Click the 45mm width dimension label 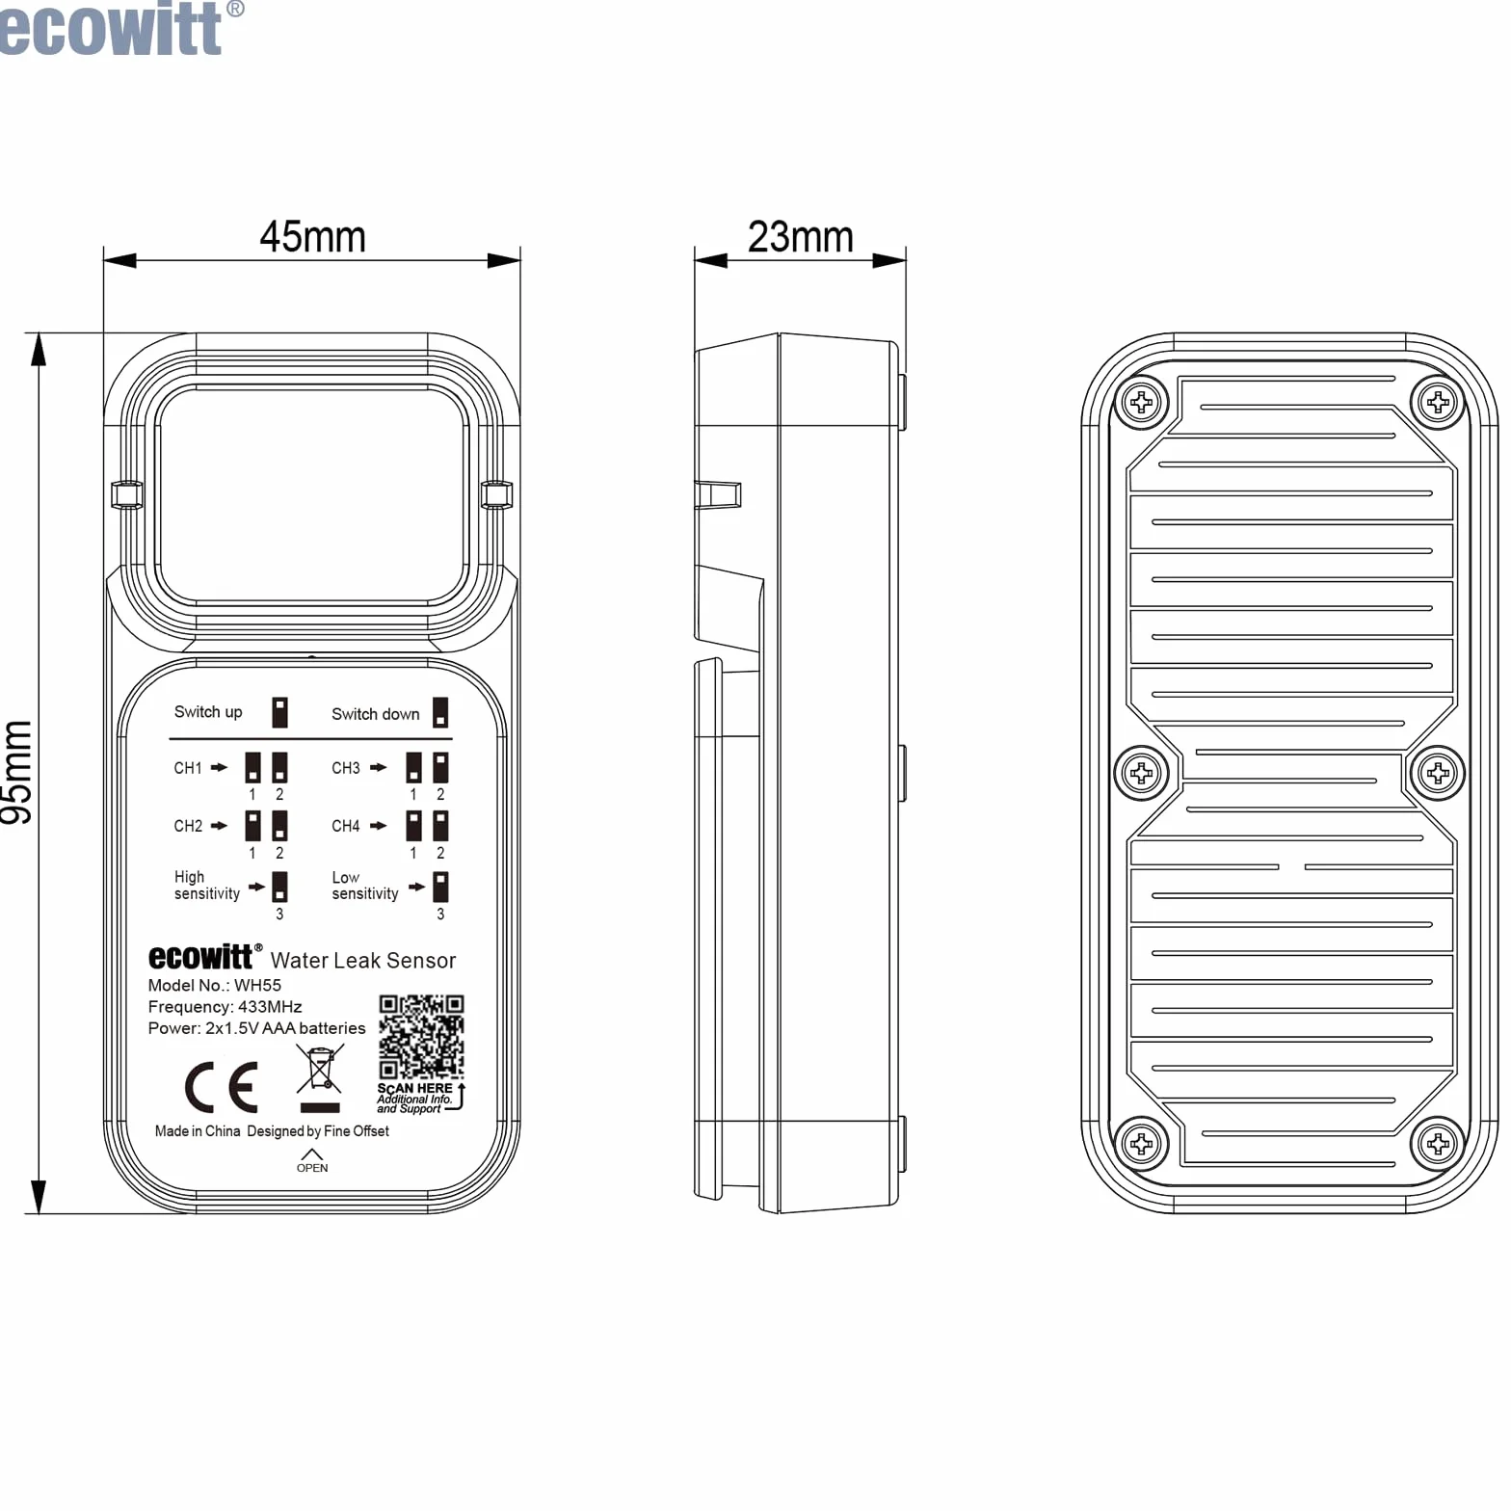tap(313, 237)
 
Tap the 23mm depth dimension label tap(801, 237)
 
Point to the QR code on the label tap(421, 1037)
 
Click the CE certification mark tap(222, 1087)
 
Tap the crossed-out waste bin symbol tap(320, 1078)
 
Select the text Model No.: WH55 tap(215, 985)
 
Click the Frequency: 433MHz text tap(225, 1007)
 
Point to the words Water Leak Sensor tap(363, 960)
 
